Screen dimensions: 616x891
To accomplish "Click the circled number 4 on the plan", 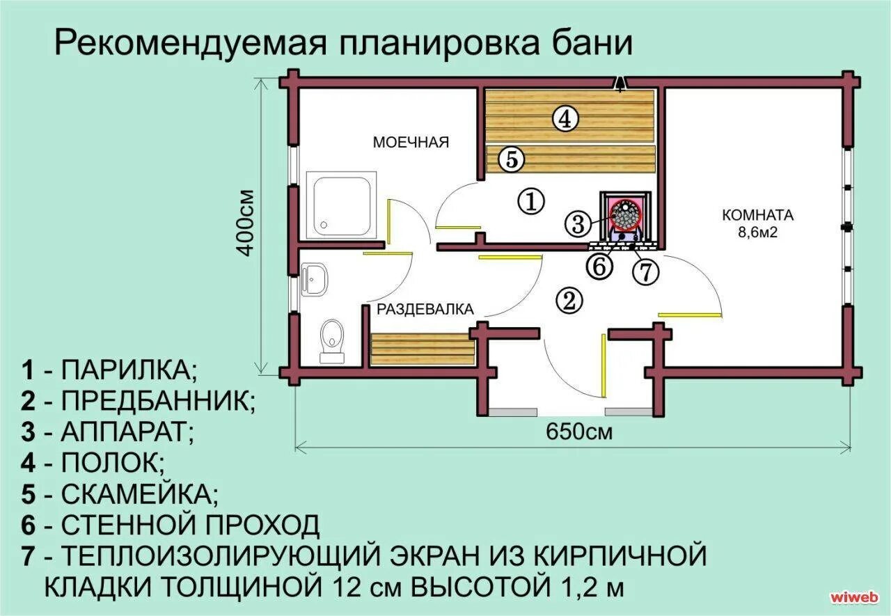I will (565, 119).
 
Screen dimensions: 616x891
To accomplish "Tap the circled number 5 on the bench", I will (510, 160).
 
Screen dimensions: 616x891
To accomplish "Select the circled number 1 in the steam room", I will (530, 202).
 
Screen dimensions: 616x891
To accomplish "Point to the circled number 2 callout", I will (569, 300).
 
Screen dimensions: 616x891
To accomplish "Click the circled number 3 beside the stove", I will (578, 223).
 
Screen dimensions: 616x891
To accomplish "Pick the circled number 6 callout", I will (599, 266).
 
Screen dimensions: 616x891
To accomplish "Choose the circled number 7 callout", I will (645, 271).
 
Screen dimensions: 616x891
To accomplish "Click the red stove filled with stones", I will (626, 215).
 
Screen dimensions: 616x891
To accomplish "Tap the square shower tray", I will (345, 205).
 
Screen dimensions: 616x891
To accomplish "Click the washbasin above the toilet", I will (317, 281).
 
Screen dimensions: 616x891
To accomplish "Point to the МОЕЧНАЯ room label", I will (411, 143).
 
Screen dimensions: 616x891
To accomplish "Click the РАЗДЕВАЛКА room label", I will (425, 309).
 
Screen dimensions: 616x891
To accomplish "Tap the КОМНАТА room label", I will (757, 214).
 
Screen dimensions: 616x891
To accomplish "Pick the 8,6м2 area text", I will (757, 232).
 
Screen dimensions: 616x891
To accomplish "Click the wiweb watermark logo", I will (855, 597).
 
